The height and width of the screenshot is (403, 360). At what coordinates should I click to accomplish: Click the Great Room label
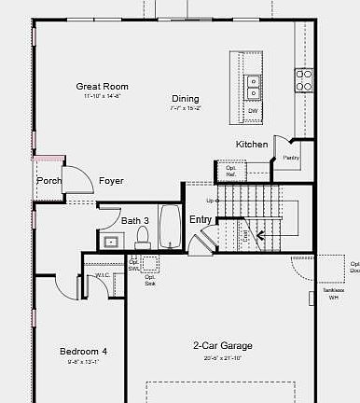(101, 86)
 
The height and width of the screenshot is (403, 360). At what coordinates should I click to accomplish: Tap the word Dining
(185, 98)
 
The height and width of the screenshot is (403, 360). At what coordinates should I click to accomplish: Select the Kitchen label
(252, 145)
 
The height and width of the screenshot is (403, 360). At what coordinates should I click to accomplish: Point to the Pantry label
(289, 159)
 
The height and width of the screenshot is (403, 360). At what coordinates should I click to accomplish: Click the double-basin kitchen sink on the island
(253, 87)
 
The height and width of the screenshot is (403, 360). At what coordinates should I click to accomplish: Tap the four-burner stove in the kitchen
(303, 80)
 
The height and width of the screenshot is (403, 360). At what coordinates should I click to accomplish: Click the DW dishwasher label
(253, 111)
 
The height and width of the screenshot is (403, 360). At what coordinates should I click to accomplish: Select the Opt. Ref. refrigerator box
(230, 172)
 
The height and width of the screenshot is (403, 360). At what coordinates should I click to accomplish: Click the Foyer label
(111, 181)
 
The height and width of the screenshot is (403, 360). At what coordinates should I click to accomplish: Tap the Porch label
(49, 181)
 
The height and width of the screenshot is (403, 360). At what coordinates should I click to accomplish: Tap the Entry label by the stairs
(201, 219)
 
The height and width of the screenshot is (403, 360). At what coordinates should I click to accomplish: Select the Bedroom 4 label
(83, 352)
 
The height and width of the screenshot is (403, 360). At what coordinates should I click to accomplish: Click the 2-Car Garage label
(223, 346)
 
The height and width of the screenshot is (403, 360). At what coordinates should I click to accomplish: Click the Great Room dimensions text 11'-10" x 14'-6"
(101, 96)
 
